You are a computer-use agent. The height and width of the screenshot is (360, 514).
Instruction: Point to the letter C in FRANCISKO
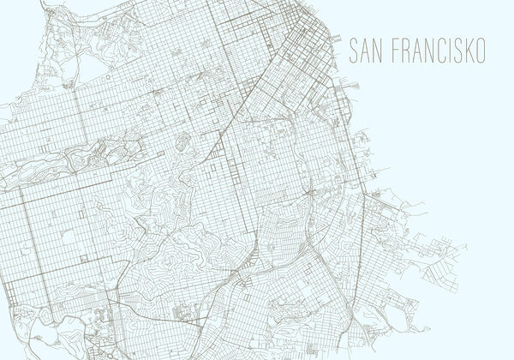[x=433, y=49]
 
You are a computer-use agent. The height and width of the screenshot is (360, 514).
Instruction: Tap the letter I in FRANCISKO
[x=443, y=49]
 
